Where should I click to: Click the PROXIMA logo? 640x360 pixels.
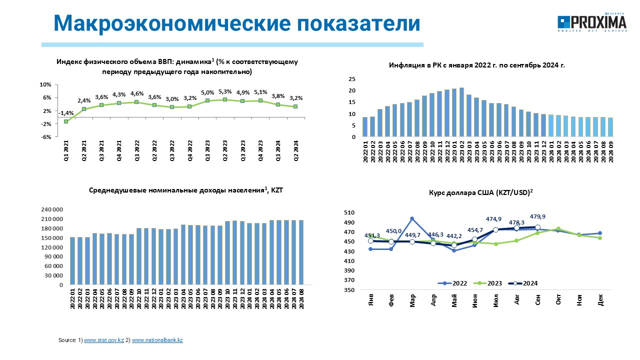pyautogui.click(x=592, y=22)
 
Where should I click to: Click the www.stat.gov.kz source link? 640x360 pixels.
pyautogui.click(x=103, y=340)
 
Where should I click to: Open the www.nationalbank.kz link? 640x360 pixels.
pyautogui.click(x=157, y=340)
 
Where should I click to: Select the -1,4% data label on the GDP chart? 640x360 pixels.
pyautogui.click(x=66, y=113)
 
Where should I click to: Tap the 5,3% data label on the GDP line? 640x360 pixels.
pyautogui.click(x=225, y=91)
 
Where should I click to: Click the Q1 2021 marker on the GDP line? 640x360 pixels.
pyautogui.click(x=66, y=121)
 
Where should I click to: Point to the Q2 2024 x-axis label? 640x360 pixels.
pyautogui.click(x=296, y=150)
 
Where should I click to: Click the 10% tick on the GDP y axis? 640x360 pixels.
pyautogui.click(x=45, y=84)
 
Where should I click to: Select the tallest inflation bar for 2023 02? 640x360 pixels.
pyautogui.click(x=461, y=112)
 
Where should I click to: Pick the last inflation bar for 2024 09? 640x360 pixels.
pyautogui.click(x=610, y=127)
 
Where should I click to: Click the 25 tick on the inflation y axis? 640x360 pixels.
pyautogui.click(x=352, y=79)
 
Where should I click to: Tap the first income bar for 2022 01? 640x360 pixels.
pyautogui.click(x=72, y=261)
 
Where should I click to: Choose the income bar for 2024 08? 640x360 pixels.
pyautogui.click(x=301, y=252)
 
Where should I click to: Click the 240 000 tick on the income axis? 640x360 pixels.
pyautogui.click(x=52, y=209)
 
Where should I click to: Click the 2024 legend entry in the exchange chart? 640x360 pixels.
pyautogui.click(x=523, y=283)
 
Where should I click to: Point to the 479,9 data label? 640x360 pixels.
pyautogui.click(x=537, y=216)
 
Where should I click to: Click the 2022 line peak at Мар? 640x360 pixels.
pyautogui.click(x=412, y=218)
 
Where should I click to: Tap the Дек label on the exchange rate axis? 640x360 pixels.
pyautogui.click(x=600, y=300)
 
